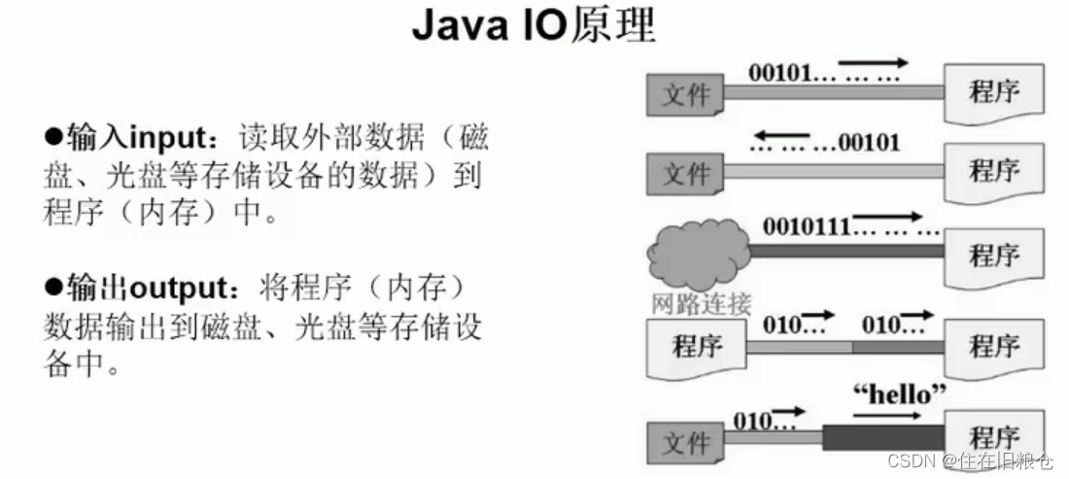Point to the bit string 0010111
pos(808,227)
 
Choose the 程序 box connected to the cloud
pos(994,256)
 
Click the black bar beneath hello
pos(883,436)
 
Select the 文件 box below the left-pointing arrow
pos(685,175)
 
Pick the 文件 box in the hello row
pos(685,443)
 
